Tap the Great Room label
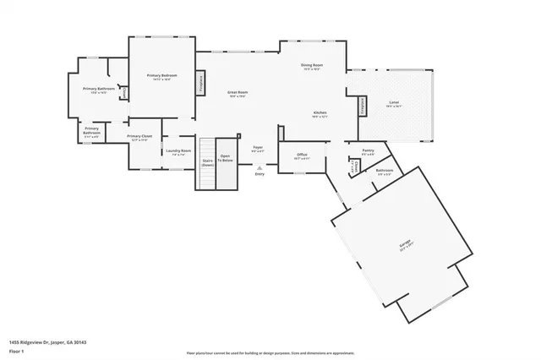tap(237, 93)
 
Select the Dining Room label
tap(312, 67)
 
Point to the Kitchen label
tap(320, 114)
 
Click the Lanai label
tap(394, 105)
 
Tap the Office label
tap(302, 155)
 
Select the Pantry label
tap(368, 152)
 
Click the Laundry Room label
tap(181, 152)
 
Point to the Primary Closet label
tap(139, 137)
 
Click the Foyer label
tap(258, 149)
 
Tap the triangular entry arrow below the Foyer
tap(259, 167)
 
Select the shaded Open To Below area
tap(226, 164)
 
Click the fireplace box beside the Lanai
tap(364, 105)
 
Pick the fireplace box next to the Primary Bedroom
tap(201, 81)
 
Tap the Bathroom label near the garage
tap(385, 172)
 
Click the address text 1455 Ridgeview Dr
tap(48, 342)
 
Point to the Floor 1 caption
tap(17, 351)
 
